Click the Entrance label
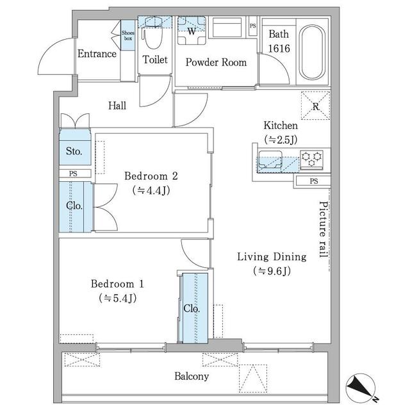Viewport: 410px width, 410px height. click(97, 54)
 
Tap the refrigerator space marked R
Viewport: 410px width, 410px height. click(316, 105)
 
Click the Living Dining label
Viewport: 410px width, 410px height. click(272, 257)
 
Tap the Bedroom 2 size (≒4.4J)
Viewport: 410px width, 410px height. click(151, 190)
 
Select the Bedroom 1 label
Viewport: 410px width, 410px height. click(117, 284)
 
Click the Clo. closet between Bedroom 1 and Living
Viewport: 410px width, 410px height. click(192, 308)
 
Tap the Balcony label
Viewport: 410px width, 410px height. click(192, 377)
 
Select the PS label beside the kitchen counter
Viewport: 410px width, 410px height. click(313, 181)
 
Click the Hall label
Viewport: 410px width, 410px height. click(116, 106)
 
